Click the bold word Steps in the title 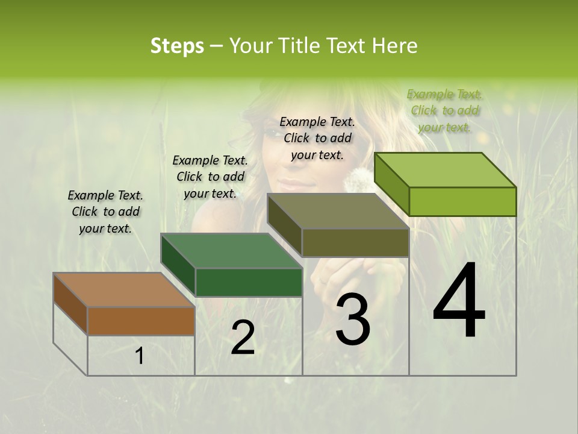177,46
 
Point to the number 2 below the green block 243,338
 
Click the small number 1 140,356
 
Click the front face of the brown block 141,321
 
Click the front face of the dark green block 248,282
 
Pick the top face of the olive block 337,211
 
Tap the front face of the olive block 355,243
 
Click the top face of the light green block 444,170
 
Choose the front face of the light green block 462,201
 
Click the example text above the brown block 105,212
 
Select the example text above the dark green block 210,177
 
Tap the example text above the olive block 317,138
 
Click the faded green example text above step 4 445,110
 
